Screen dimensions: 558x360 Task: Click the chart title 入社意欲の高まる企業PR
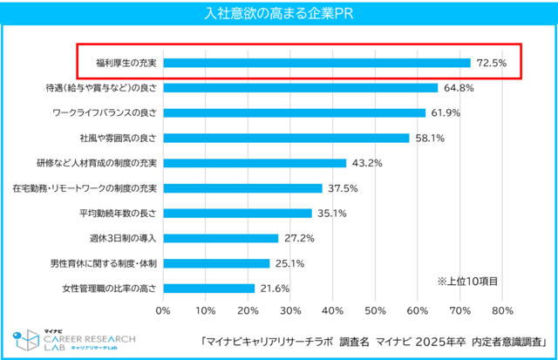tap(279, 14)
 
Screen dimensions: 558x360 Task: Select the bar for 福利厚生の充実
tap(316, 63)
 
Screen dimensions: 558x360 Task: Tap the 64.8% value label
tap(459, 88)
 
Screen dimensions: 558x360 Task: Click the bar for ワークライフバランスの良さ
tap(295, 112)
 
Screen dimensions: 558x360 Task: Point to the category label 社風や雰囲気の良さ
tap(119, 138)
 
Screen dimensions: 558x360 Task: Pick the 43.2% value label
tap(367, 163)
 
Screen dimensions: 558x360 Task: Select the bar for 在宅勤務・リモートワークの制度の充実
tap(242, 188)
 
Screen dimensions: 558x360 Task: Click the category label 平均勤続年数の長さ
tap(118, 213)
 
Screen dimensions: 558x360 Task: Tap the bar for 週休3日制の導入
tap(221, 238)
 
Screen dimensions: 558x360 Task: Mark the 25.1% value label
tap(289, 263)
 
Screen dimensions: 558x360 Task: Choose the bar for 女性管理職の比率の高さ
tap(209, 289)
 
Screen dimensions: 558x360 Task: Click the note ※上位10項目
tap(467, 282)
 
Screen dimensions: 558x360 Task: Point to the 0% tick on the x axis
tap(163, 311)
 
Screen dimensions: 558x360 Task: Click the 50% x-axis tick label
tap(375, 311)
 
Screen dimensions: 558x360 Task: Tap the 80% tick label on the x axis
tap(502, 311)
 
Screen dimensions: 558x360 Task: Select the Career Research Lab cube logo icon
tap(26, 340)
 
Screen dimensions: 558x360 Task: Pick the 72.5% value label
tap(492, 63)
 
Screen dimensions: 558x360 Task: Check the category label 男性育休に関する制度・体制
tap(104, 263)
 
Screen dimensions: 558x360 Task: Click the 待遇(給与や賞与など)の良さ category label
tap(101, 88)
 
